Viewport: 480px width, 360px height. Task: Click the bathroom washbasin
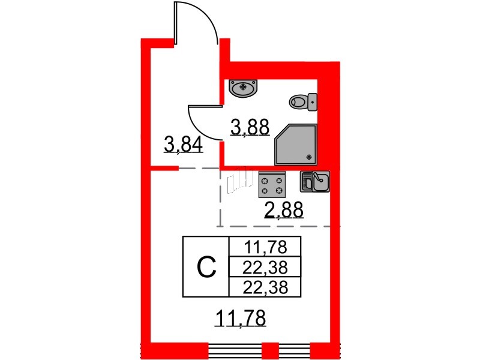coord(244,88)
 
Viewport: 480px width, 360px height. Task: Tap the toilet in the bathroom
coord(303,102)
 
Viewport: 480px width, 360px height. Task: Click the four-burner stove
coord(272,184)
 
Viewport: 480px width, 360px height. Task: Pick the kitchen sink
coord(315,181)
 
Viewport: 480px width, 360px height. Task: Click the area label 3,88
coord(250,127)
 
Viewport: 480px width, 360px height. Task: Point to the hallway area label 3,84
coord(184,145)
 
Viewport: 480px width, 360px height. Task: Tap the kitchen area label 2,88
coord(284,210)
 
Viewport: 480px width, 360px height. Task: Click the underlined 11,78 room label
coord(241,319)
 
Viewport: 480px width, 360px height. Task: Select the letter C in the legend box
coord(206,266)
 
